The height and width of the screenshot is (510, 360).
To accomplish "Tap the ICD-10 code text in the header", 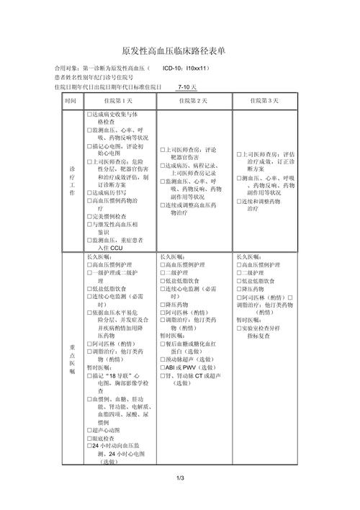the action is (186, 68).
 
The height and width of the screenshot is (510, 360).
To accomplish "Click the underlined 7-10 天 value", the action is (186, 86).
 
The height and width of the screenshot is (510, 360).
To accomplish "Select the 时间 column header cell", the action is (70, 100).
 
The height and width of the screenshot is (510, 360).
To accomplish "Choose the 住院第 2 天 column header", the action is (194, 100).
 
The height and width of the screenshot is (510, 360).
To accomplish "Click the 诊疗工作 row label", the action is (71, 180).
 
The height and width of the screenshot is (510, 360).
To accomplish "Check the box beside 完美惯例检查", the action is (89, 215).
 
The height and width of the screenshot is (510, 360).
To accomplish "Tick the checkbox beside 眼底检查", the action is (89, 439).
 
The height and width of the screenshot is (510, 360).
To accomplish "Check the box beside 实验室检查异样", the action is (238, 328).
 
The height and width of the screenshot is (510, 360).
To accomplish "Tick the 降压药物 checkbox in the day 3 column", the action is (238, 288).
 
